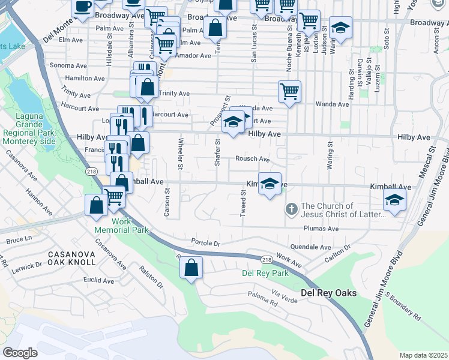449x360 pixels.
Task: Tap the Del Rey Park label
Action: pyautogui.click(x=265, y=273)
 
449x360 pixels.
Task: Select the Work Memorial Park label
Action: pyautogui.click(x=121, y=226)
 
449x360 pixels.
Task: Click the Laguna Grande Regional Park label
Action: pyautogui.click(x=28, y=132)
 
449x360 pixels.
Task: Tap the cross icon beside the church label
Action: pyautogui.click(x=291, y=209)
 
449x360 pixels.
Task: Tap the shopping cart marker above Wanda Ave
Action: pyautogui.click(x=289, y=92)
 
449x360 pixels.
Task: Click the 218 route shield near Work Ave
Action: pyautogui.click(x=266, y=259)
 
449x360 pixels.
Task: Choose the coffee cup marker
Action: pyautogui.click(x=83, y=7)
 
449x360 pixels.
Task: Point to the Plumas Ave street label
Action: pyautogui.click(x=325, y=229)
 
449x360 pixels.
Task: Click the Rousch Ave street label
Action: pyautogui.click(x=252, y=159)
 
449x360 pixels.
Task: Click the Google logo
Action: pyautogui.click(x=20, y=352)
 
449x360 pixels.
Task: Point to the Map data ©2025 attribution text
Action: pyautogui.click(x=423, y=355)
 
